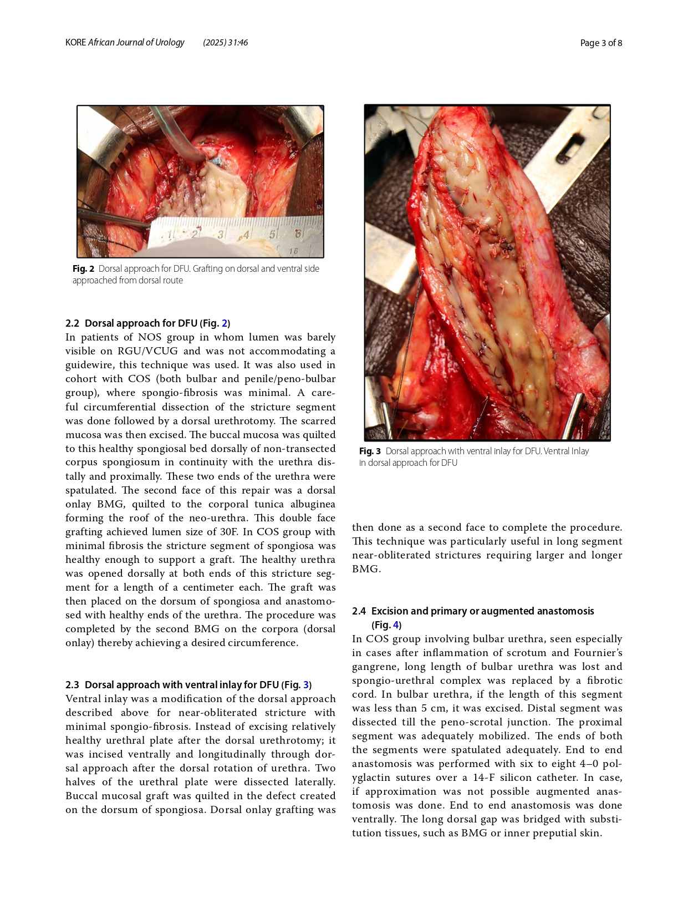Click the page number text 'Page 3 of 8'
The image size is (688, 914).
(x=601, y=43)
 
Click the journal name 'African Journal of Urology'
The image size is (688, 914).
(x=136, y=42)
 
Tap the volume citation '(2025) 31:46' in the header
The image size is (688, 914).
(x=225, y=42)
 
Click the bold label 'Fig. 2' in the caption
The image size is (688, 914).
(x=83, y=268)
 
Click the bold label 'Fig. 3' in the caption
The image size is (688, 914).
(x=370, y=451)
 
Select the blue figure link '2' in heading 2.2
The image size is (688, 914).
(x=225, y=323)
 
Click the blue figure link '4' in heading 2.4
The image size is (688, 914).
(x=396, y=625)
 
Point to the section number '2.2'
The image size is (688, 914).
(x=72, y=323)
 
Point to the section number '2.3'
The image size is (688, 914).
(x=72, y=685)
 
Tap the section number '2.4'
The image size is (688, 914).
(x=359, y=611)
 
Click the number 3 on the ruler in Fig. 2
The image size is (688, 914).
(x=221, y=234)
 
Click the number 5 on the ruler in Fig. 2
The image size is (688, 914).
(x=272, y=234)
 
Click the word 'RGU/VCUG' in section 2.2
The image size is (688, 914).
(x=148, y=351)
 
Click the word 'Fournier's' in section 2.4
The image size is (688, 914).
(x=598, y=653)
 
